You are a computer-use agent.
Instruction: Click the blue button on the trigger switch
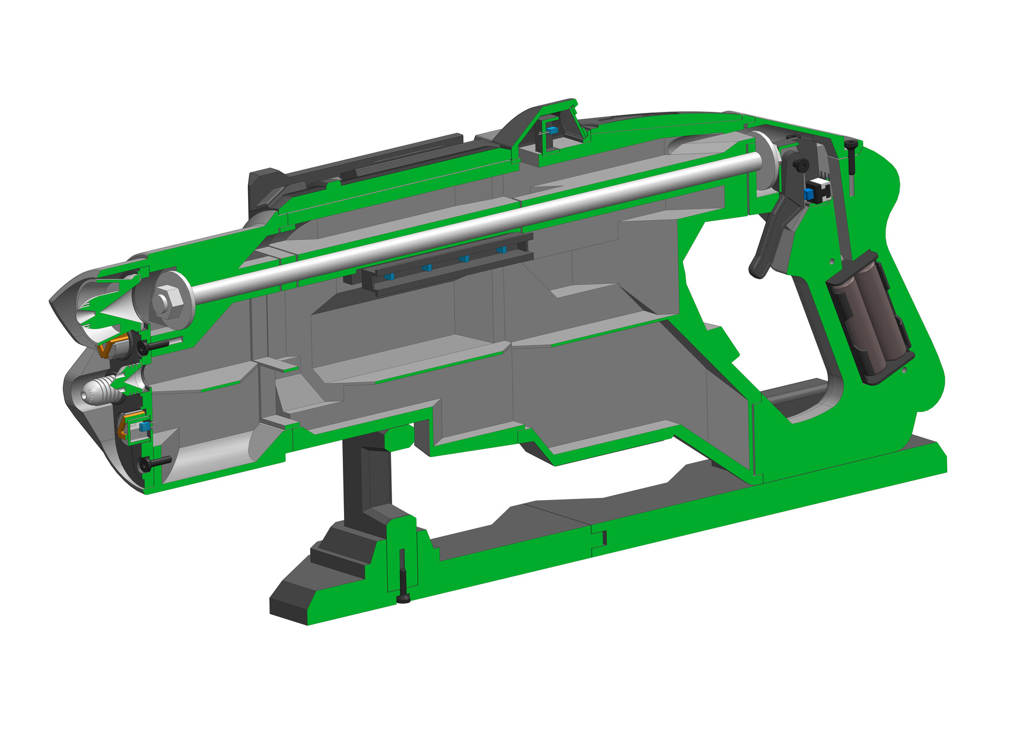(808, 194)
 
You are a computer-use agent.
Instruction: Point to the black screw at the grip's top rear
(852, 156)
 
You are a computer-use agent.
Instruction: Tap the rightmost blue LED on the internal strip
(502, 249)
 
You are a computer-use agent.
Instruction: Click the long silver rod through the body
(459, 229)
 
